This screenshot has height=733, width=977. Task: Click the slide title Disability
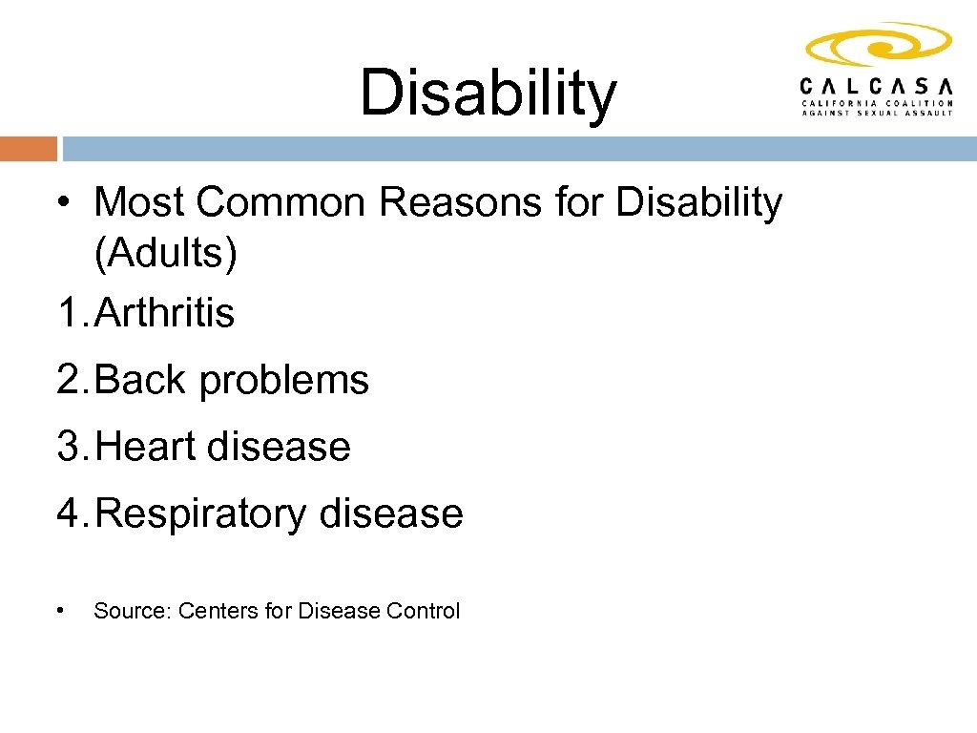pos(488,94)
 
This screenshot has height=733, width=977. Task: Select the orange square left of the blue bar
pos(29,149)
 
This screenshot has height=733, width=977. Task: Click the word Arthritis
pos(165,313)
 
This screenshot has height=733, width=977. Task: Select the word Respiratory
pos(201,514)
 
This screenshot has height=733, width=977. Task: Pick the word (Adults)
pos(165,254)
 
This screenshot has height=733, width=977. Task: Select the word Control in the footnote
pos(423,611)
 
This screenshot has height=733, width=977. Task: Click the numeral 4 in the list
pos(70,513)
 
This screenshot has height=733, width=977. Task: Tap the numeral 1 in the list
pos(68,313)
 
